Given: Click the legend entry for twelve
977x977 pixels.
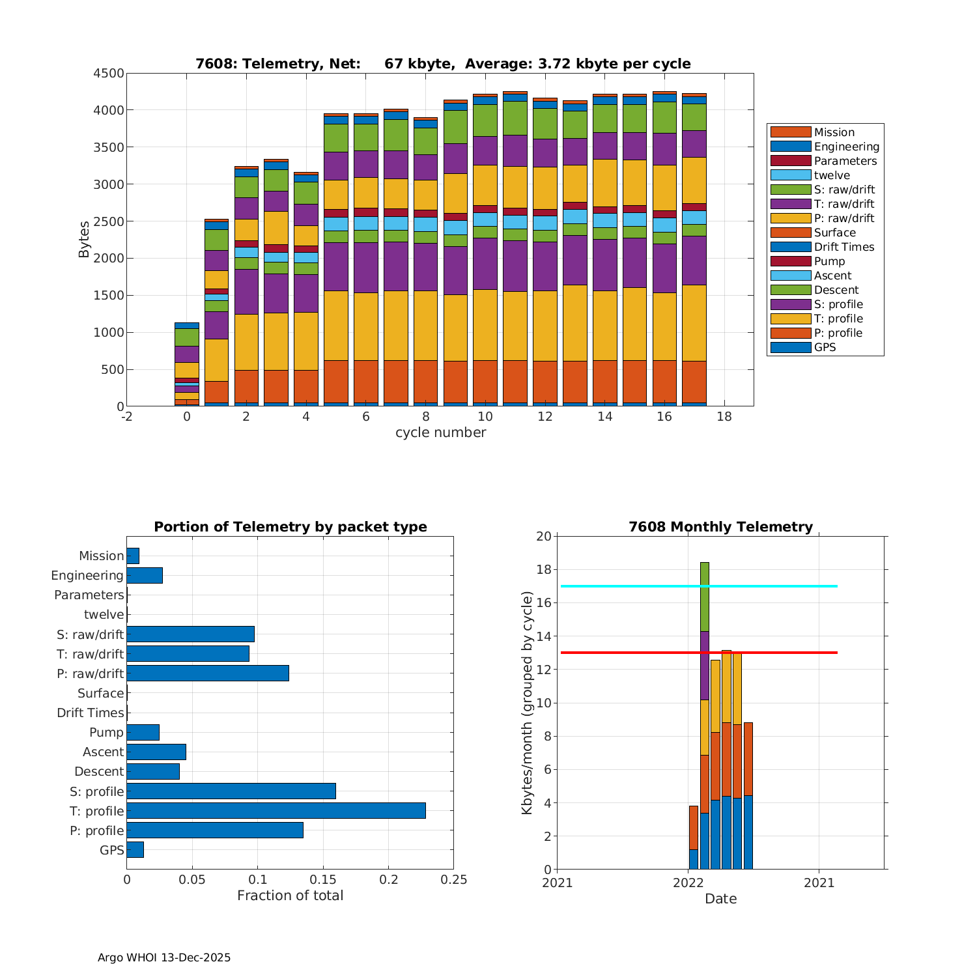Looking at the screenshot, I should coord(832,175).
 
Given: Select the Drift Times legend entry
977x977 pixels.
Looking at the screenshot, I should coord(843,247).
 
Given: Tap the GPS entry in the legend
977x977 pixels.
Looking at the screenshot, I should coord(825,347).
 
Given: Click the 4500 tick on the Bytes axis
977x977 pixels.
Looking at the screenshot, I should coord(108,74).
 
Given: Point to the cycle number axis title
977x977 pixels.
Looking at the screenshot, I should coord(440,432).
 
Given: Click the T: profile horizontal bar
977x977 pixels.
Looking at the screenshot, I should coord(276,811).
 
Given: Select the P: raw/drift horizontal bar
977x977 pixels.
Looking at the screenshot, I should coord(208,673).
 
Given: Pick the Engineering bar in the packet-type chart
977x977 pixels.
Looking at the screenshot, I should coord(145,576).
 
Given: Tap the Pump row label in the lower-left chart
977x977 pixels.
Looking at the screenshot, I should coord(106,732).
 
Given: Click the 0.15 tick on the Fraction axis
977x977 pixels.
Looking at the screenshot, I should coord(323,880).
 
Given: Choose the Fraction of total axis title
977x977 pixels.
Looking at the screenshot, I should coord(290,896).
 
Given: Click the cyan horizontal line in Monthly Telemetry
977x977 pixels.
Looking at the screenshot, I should coord(769,586).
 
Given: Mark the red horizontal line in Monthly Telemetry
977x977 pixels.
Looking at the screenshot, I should coord(769,653).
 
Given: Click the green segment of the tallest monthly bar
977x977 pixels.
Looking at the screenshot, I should coord(705,597).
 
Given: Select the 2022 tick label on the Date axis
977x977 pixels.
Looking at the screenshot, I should coord(688,883).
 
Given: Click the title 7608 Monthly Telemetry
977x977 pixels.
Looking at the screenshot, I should coord(720,527).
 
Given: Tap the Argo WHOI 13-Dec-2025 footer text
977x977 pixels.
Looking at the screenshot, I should coord(164,957).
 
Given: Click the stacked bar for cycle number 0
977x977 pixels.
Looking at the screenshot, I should coord(187,365).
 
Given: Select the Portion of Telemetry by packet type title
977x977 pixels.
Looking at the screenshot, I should coord(290,527).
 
